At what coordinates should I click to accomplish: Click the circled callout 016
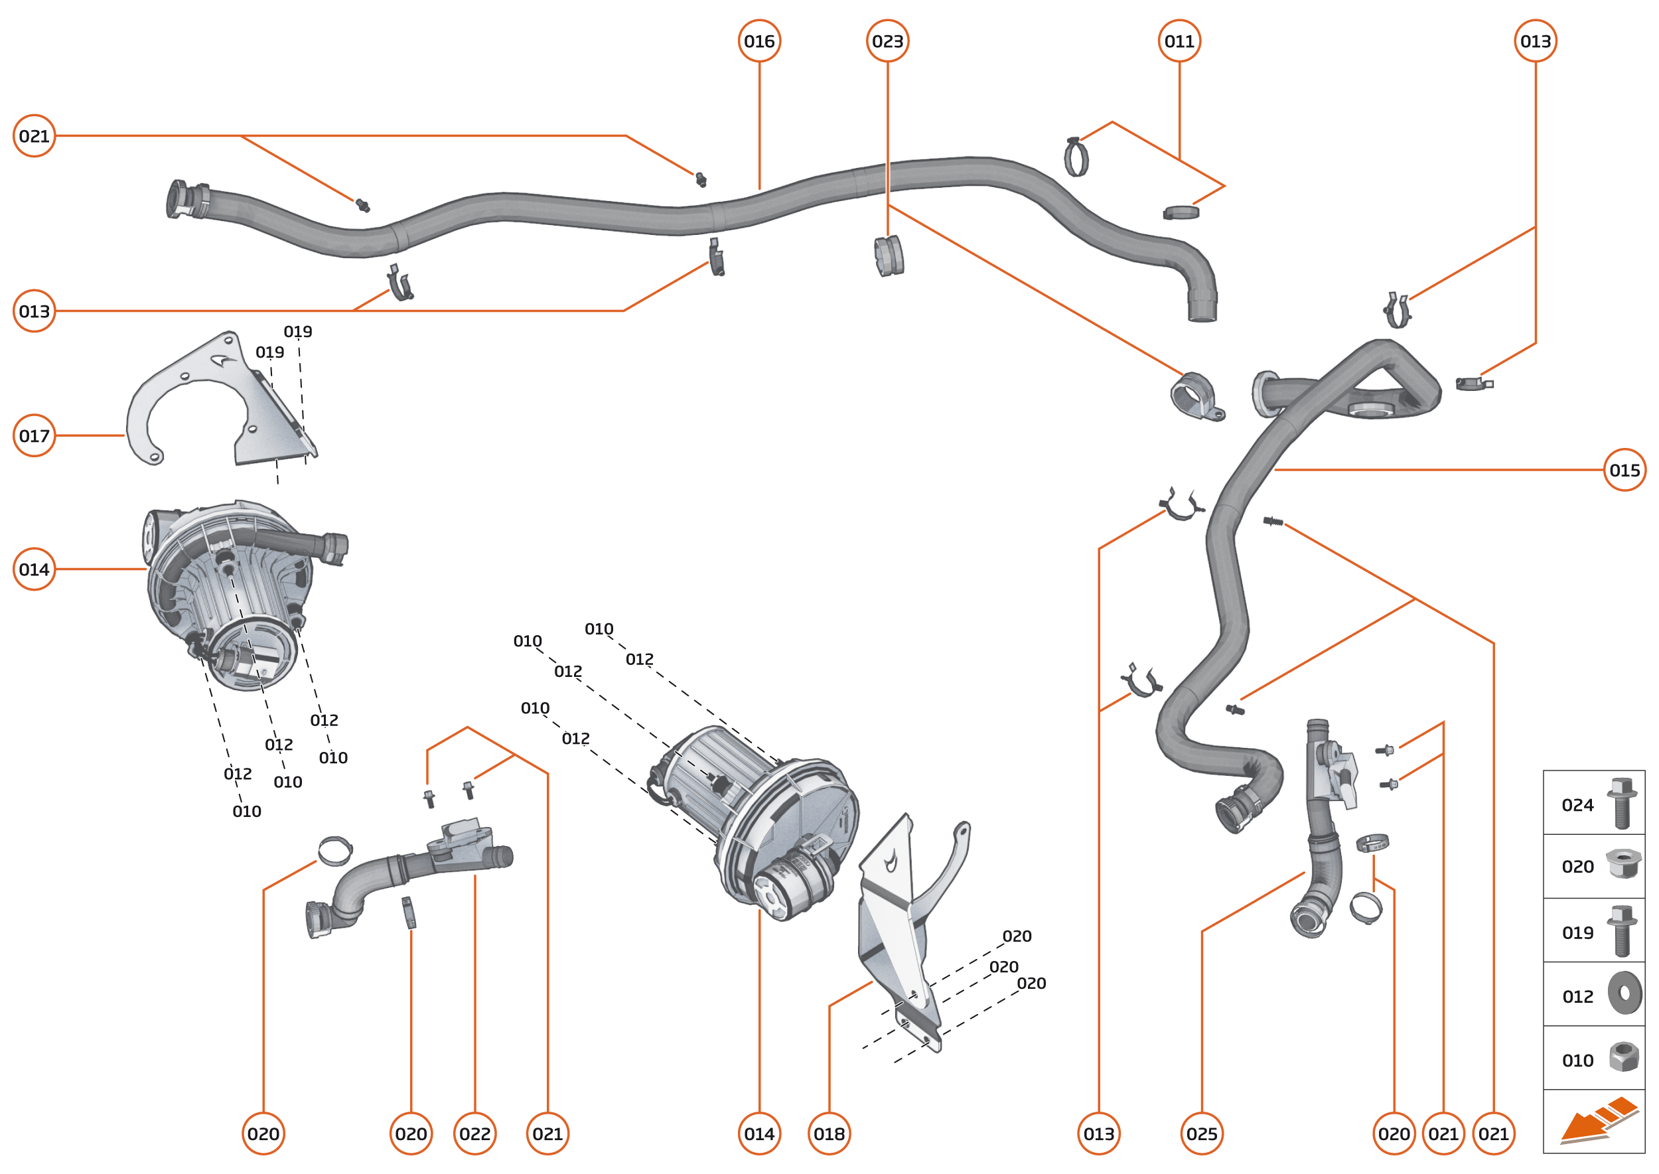(759, 41)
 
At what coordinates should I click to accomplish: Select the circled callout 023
(887, 41)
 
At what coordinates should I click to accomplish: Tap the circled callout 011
(1179, 41)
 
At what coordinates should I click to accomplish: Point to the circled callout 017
(34, 435)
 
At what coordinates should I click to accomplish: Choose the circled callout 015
(1624, 470)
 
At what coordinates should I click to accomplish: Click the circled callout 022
(475, 1134)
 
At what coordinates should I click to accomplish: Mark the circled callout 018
(829, 1134)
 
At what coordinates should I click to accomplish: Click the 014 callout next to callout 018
(759, 1134)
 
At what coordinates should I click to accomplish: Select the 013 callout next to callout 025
(1099, 1134)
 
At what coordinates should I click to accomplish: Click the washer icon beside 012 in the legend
(1624, 993)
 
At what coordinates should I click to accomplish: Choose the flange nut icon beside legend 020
(1623, 864)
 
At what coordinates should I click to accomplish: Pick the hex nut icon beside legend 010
(1624, 1057)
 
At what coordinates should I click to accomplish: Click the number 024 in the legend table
(1577, 805)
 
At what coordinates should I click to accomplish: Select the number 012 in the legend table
(1577, 997)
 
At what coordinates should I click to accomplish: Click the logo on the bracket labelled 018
(891, 861)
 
